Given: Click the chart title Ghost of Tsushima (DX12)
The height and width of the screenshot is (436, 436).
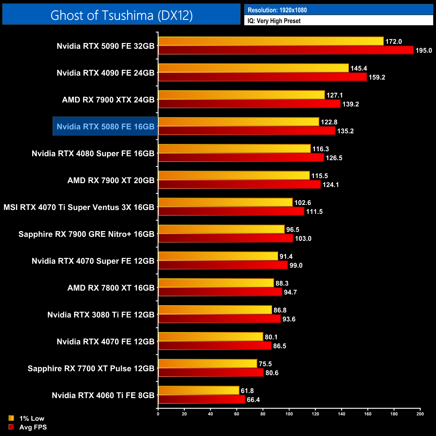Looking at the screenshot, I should pos(121,15).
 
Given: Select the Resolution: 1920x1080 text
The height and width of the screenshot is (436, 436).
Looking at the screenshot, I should pos(277,10).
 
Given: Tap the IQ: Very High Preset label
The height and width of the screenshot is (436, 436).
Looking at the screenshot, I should pos(274,21).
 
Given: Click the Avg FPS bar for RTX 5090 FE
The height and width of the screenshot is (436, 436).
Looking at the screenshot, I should pos(286,50).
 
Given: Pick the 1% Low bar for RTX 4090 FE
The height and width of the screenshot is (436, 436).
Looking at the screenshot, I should pos(254,68).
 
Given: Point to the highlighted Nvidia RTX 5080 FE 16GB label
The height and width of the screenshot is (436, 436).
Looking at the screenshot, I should pos(105,126).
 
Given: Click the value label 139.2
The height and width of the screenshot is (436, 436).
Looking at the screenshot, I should pos(350,104).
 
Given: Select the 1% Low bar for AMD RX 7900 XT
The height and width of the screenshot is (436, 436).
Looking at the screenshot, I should pos(234,175).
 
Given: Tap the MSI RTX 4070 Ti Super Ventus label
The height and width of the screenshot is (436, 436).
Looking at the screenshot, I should pos(79,207).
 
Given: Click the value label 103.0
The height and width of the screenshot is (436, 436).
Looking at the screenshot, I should pos(303,238).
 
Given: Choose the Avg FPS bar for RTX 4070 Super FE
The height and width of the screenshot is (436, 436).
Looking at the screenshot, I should pos(223,265).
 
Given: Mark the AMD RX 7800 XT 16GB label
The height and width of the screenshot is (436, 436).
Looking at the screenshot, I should pos(111,288).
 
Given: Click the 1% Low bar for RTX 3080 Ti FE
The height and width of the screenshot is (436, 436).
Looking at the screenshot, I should pos(215,310).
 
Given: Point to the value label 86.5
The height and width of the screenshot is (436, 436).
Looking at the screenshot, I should pos(280,346).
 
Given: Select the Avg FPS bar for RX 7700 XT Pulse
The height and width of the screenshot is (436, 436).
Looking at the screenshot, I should pos(211,373).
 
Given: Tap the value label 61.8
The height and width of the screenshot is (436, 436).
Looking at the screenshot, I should pos(247,391).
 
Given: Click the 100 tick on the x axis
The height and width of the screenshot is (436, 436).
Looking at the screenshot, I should pos(289,414).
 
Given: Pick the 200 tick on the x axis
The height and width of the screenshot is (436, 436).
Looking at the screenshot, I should pos(420,414).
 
